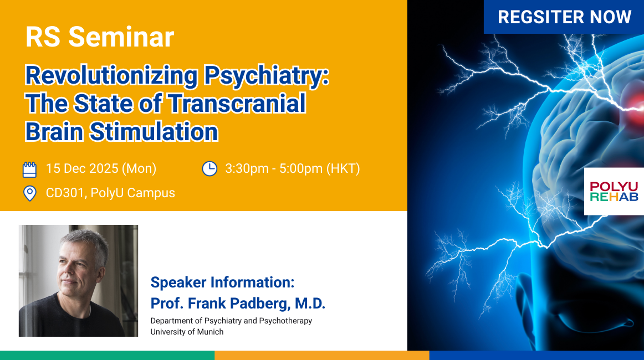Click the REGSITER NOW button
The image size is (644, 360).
(564, 17)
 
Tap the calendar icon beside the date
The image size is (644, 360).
(29, 169)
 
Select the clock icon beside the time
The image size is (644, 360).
(209, 169)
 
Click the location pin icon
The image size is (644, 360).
(29, 193)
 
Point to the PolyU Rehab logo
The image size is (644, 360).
(614, 191)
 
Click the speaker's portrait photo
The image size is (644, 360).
(79, 281)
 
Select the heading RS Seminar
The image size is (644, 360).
(100, 37)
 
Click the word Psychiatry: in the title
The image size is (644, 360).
(267, 76)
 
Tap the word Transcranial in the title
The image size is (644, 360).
(237, 103)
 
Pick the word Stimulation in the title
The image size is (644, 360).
(154, 131)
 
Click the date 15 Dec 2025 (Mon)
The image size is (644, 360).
(101, 169)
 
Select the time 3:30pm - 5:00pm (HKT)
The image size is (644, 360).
(293, 169)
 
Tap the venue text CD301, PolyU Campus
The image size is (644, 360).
(110, 193)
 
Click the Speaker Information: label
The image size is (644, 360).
(223, 282)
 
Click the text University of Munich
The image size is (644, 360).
(187, 332)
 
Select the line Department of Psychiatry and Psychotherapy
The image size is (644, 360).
(231, 321)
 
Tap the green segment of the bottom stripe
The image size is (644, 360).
(107, 356)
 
